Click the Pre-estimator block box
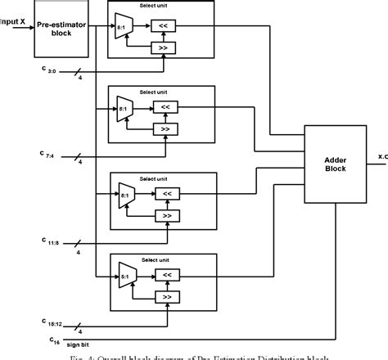coord(56,31)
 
